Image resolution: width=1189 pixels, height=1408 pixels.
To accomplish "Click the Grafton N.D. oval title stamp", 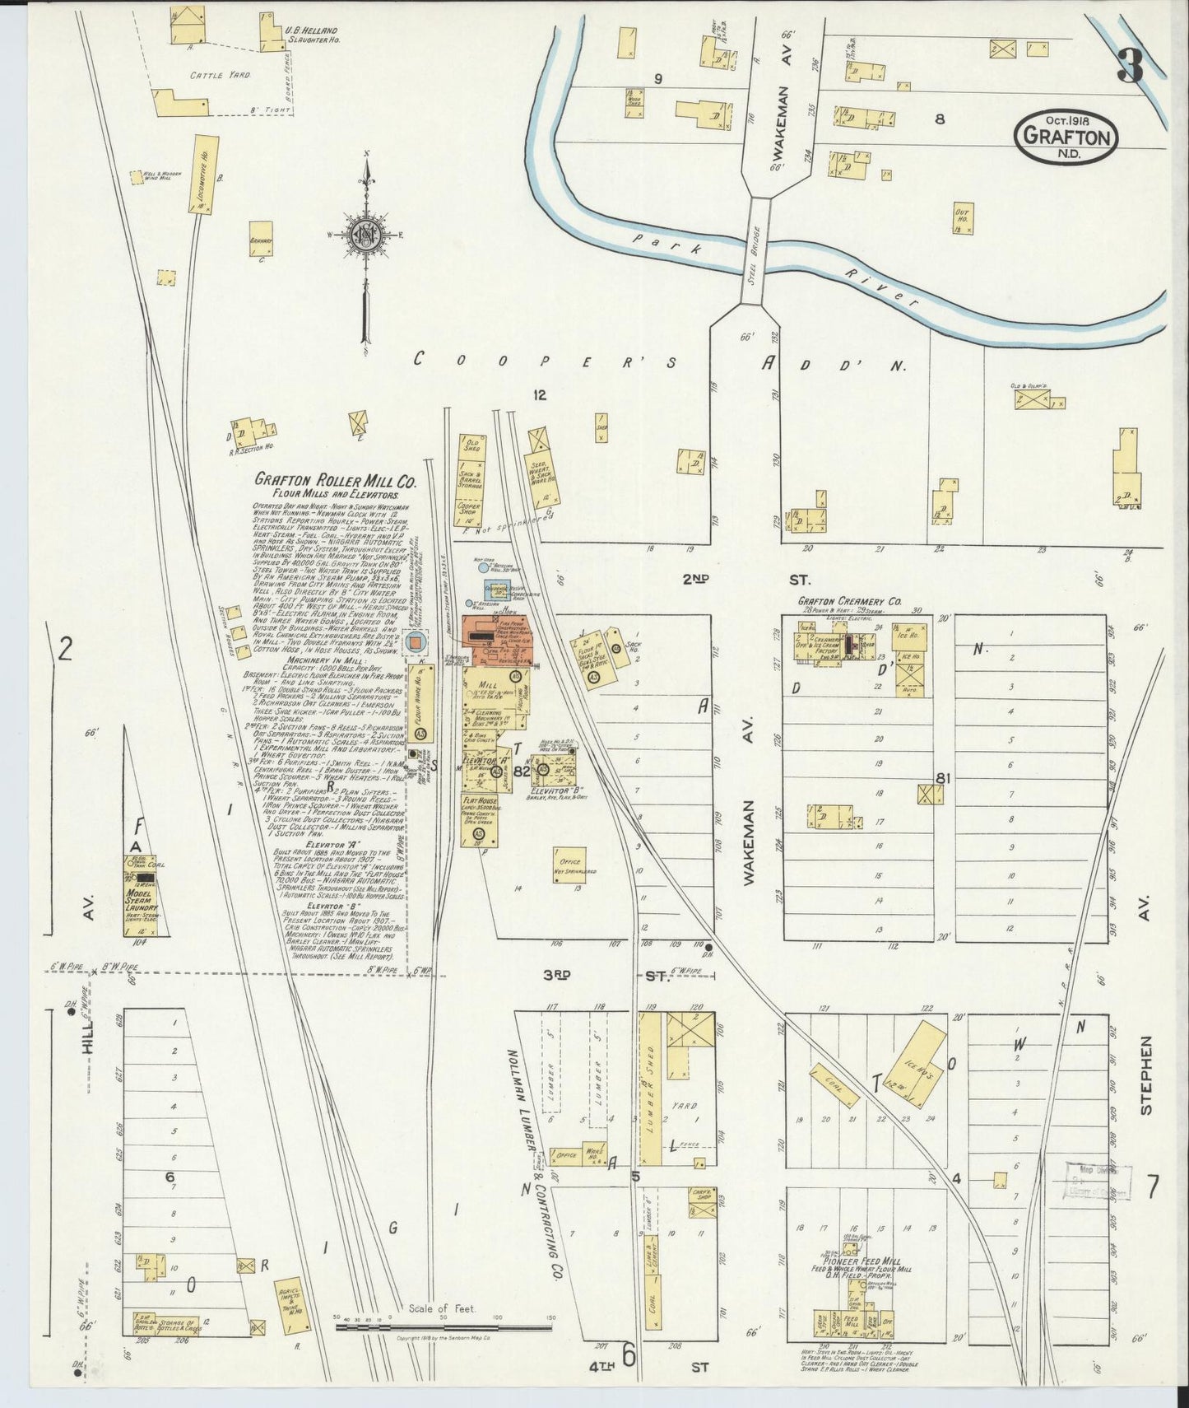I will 1068,135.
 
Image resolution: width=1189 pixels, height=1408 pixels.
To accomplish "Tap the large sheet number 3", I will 1131,66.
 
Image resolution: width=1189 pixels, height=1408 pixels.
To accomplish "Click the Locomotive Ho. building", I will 198,175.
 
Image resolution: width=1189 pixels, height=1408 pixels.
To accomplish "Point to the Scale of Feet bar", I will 444,1327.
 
